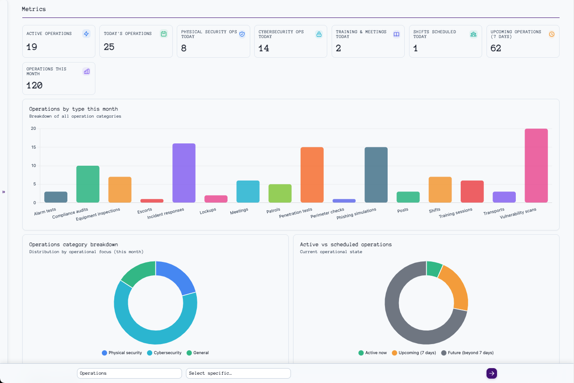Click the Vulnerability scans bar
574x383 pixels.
pos(536,166)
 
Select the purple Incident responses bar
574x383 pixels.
pos(184,173)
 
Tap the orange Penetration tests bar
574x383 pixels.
pos(312,175)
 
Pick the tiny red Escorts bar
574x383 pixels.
pos(152,201)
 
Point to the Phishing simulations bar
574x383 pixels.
pos(376,175)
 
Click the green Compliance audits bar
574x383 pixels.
pos(87,184)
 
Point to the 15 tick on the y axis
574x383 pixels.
pos(33,147)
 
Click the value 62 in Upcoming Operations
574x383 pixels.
pos(496,48)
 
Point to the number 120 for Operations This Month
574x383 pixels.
pos(35,85)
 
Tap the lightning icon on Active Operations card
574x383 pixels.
pos(86,34)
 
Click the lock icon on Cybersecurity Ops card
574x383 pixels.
pos(319,34)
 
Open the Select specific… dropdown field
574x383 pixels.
pos(238,373)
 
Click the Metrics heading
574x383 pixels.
pos(34,9)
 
